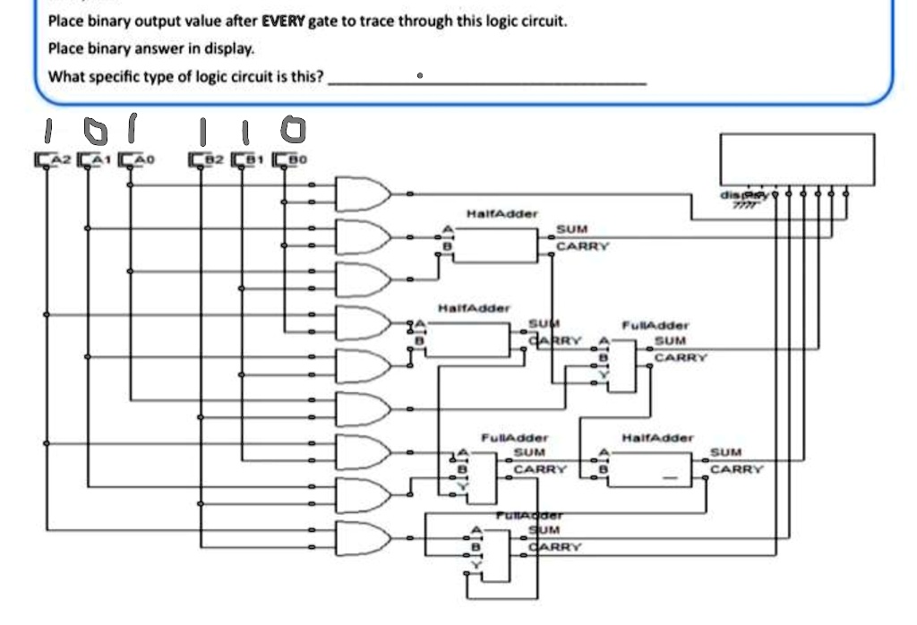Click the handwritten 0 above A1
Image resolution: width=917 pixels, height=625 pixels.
coord(94,131)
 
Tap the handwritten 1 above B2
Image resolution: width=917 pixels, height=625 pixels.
coord(204,133)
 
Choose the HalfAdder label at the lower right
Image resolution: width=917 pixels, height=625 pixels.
coord(657,438)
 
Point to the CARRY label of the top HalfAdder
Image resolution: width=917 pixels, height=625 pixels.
coord(582,246)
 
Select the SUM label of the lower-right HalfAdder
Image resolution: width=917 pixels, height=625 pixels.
coord(725,453)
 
